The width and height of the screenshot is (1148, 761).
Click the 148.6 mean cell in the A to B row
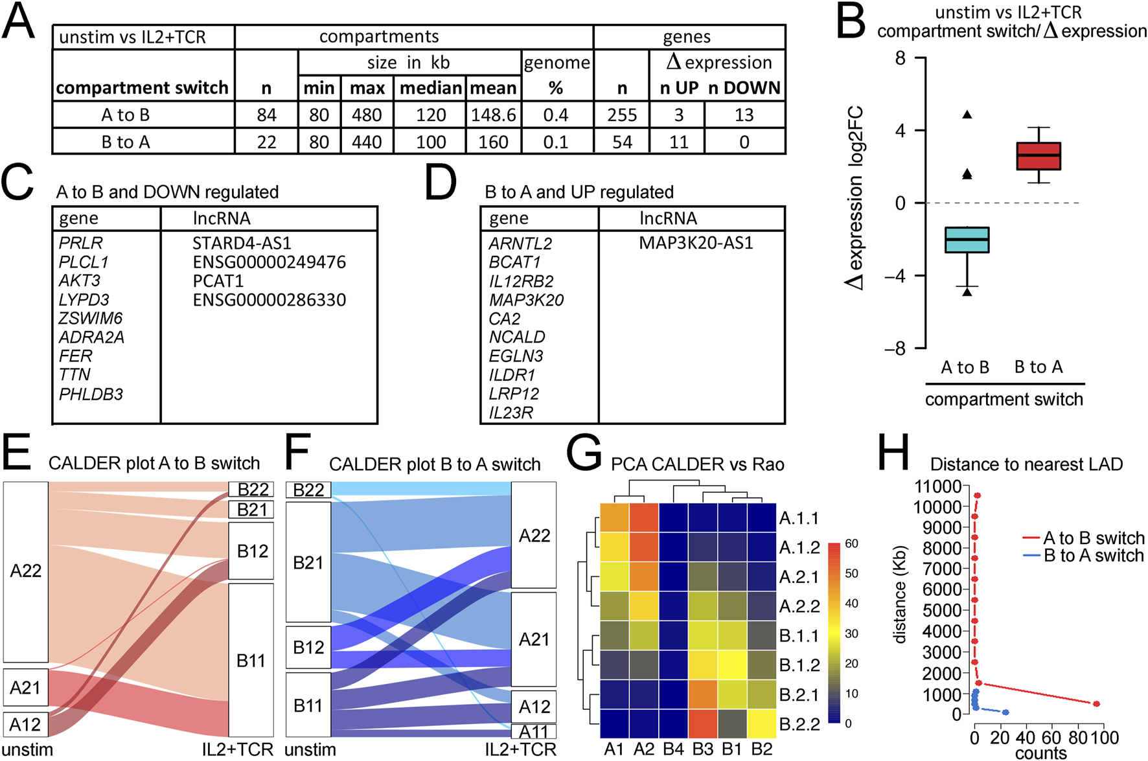pos(493,115)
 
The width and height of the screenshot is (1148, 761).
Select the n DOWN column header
pos(744,88)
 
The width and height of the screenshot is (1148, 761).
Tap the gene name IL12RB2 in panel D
pos(521,281)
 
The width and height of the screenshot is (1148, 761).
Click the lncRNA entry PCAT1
pos(218,281)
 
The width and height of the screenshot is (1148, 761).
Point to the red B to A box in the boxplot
pos(1039,156)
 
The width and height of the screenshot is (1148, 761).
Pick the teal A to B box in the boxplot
pos(967,240)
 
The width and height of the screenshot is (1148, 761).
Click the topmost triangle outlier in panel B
pos(967,115)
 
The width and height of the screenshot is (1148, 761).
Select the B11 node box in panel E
pos(251,660)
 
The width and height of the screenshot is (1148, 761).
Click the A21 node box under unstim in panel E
pos(25,687)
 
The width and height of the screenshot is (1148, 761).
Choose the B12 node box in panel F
pos(308,647)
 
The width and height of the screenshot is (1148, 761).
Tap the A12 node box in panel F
pos(534,707)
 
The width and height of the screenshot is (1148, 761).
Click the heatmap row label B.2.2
pos(799,724)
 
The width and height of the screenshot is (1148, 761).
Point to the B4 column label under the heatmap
pos(673,749)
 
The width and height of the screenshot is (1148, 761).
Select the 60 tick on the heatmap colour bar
pos(851,543)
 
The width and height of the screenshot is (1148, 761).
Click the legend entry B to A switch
pos(1093,556)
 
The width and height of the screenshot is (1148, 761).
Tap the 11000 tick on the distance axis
pos(937,486)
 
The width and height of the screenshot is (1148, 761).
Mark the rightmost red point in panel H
pos(1096,703)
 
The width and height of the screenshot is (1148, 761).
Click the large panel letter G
pos(584,453)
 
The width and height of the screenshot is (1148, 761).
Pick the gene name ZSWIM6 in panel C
pos(90,319)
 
